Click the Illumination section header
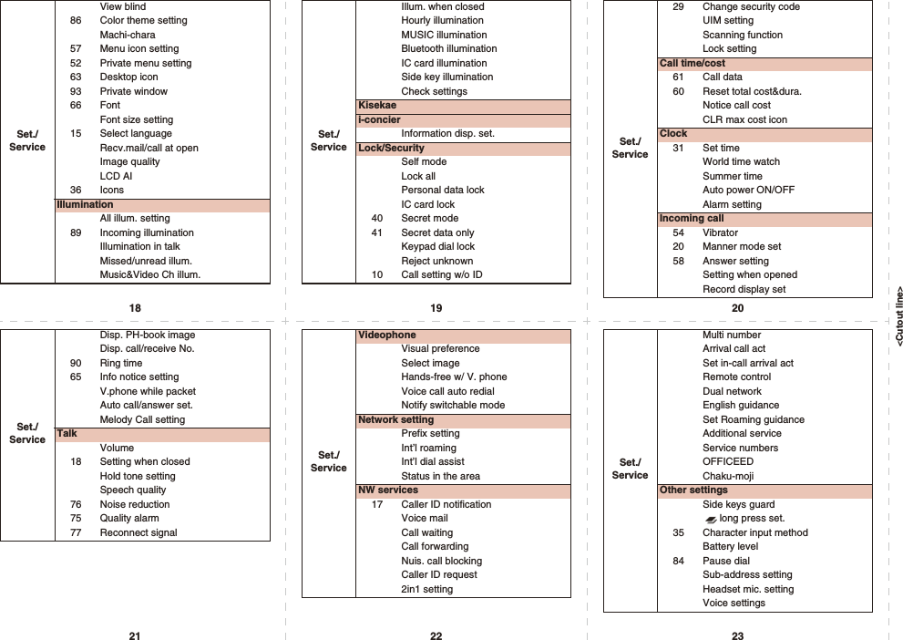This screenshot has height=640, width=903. [85, 204]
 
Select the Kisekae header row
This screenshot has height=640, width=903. [377, 106]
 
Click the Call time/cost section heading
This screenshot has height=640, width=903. [692, 63]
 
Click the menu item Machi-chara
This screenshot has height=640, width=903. [127, 35]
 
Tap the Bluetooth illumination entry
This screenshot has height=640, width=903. [448, 48]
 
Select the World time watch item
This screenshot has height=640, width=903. [741, 161]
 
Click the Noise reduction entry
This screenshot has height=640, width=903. [134, 504]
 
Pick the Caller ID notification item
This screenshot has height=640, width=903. [446, 504]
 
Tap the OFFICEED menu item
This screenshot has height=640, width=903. [727, 461]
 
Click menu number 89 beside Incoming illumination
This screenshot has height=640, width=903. [76, 232]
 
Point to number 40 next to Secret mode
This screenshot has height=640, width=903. [377, 218]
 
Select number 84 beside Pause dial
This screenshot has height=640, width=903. [679, 561]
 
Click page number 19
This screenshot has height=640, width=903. [436, 308]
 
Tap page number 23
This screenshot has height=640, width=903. [737, 635]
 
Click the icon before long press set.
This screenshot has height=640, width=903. [710, 519]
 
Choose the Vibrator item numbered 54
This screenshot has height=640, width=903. [720, 232]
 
